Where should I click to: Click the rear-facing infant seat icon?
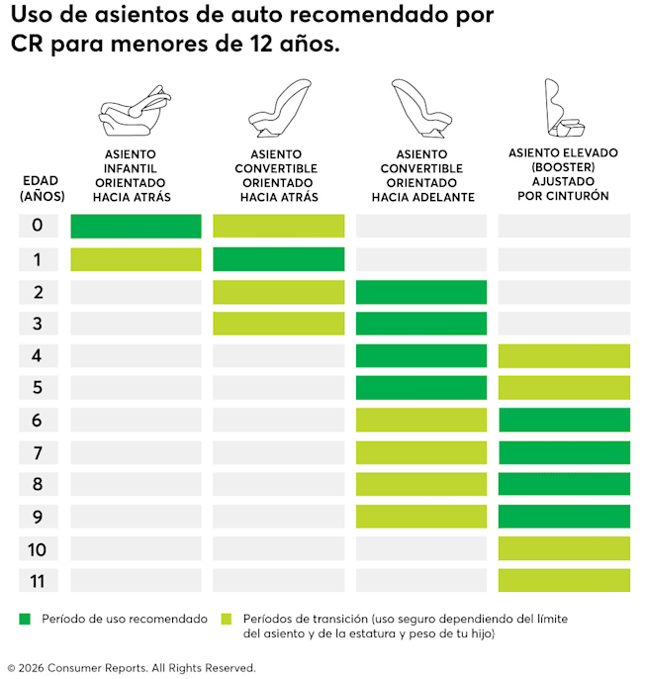(x=135, y=111)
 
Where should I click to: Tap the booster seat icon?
(x=564, y=108)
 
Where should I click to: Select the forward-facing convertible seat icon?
(x=421, y=108)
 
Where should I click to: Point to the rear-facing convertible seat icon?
(x=280, y=108)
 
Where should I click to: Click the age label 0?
(x=38, y=226)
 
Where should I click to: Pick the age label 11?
(x=38, y=581)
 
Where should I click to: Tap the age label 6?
(x=38, y=420)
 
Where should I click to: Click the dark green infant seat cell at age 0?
(x=136, y=226)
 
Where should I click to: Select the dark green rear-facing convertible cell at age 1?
(x=279, y=259)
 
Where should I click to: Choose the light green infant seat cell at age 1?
(x=136, y=259)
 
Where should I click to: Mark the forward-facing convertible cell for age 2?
(x=421, y=292)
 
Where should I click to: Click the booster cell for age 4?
(x=564, y=356)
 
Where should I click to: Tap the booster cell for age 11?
(x=564, y=580)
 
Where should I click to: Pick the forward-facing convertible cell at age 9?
(x=421, y=517)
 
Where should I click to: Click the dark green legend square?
(x=25, y=619)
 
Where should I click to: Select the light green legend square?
(x=227, y=619)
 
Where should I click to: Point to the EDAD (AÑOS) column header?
(x=42, y=188)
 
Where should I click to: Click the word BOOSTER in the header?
(x=563, y=167)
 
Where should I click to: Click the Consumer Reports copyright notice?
(x=132, y=668)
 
